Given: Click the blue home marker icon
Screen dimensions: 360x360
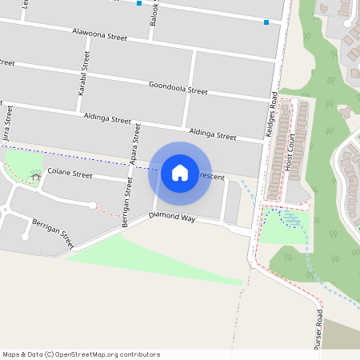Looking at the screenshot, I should tap(179, 173).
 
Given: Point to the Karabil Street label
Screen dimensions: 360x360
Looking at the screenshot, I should tap(82, 74).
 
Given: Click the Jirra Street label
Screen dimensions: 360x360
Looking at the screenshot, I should tap(7, 128).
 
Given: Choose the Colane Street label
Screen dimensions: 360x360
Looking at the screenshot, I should tap(70, 172).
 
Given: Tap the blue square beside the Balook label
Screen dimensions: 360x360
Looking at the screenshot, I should tap(140, 3).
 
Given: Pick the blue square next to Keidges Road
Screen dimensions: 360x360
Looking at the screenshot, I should tap(266, 22).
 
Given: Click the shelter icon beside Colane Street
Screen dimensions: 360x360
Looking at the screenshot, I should tap(34, 173).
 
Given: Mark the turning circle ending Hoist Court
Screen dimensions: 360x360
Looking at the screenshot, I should tap(305, 206).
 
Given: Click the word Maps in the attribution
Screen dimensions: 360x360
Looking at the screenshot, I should tap(11, 354).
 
